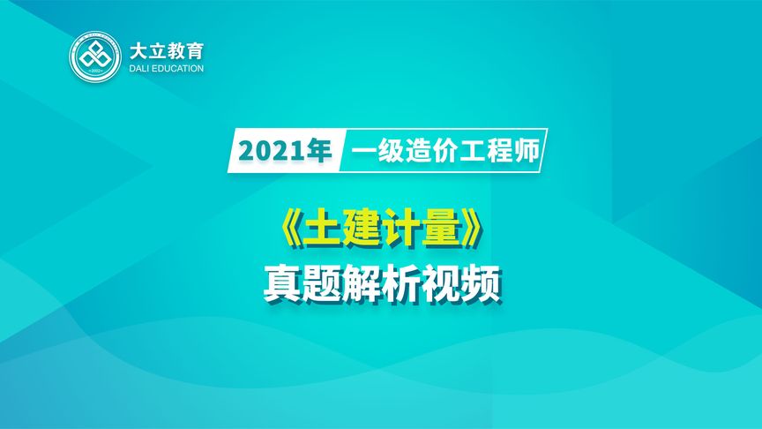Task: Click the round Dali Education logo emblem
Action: [x=95, y=58]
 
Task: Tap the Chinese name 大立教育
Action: [x=166, y=50]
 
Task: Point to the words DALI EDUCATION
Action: [x=166, y=68]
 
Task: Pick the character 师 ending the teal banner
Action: [x=524, y=150]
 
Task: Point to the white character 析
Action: [x=402, y=284]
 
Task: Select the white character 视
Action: [x=442, y=284]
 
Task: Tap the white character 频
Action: [x=482, y=284]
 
